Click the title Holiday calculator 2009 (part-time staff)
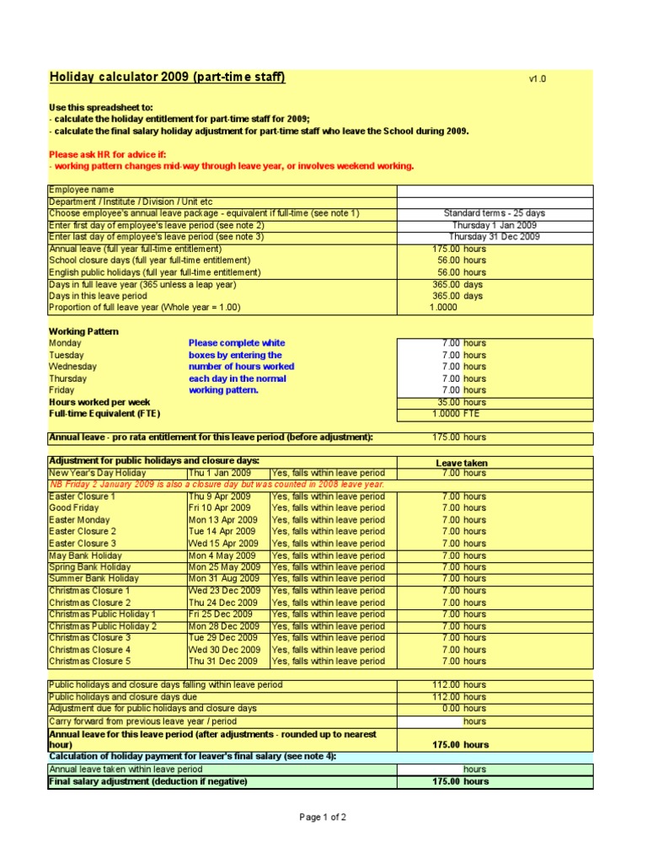[167, 78]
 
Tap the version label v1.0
[537, 79]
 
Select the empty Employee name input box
[495, 190]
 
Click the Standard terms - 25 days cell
[495, 214]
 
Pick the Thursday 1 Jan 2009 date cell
[495, 226]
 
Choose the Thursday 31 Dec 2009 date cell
[495, 238]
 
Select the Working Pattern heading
[83, 331]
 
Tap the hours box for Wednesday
[495, 367]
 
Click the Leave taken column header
[461, 463]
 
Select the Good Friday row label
[73, 508]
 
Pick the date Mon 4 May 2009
[218, 555]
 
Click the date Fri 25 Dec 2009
[222, 614]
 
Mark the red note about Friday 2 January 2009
[217, 485]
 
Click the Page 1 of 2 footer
[323, 817]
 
